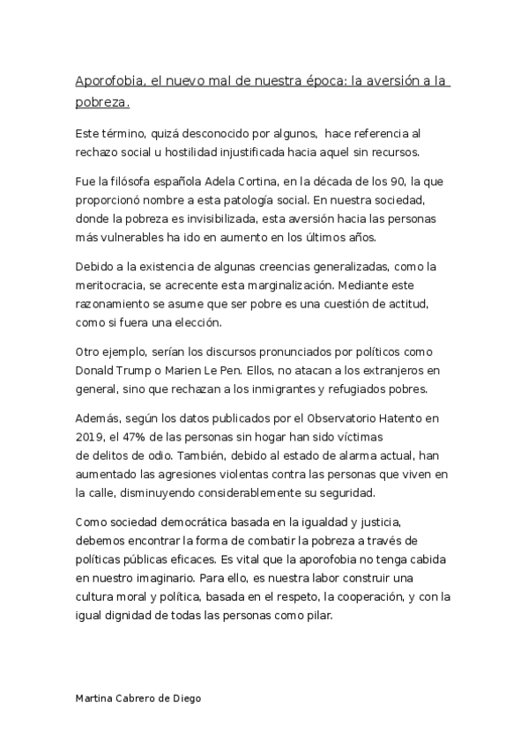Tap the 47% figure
141,436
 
